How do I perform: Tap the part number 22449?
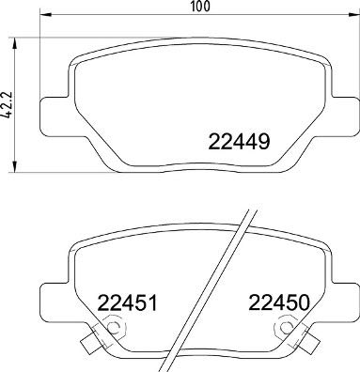(x=238, y=144)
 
